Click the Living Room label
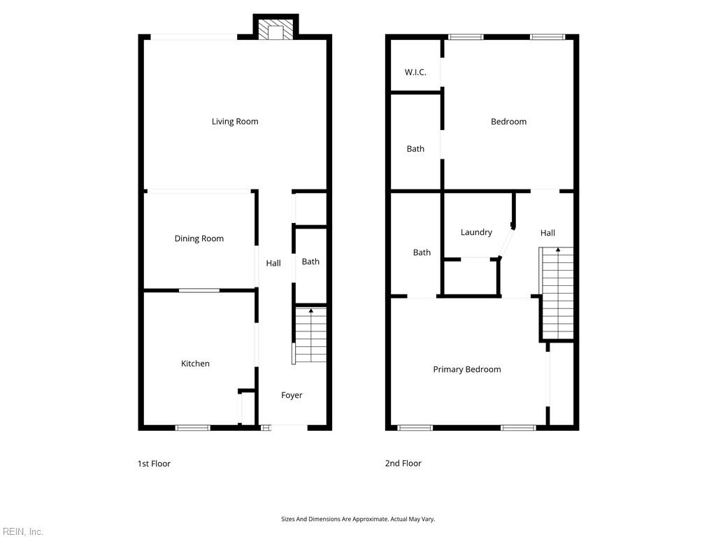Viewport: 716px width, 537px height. point(235,122)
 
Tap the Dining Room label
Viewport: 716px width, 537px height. point(199,238)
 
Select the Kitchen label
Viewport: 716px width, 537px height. point(195,364)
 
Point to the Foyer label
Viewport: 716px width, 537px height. point(292,396)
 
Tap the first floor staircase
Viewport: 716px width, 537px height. point(311,336)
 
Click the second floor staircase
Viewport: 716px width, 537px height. point(556,293)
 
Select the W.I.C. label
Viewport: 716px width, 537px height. point(415,72)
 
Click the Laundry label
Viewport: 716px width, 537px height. point(476,232)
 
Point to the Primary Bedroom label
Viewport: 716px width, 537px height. point(466,369)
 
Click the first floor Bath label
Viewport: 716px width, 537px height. point(310,262)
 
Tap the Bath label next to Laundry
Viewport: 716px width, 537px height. point(422,252)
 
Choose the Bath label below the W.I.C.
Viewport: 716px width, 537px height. point(415,149)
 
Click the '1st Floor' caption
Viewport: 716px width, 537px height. point(154,464)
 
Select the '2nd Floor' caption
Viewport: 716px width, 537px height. point(403,463)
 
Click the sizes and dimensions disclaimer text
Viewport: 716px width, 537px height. point(358,520)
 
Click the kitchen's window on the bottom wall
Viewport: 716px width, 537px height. point(193,428)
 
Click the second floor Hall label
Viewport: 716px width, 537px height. point(547,233)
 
